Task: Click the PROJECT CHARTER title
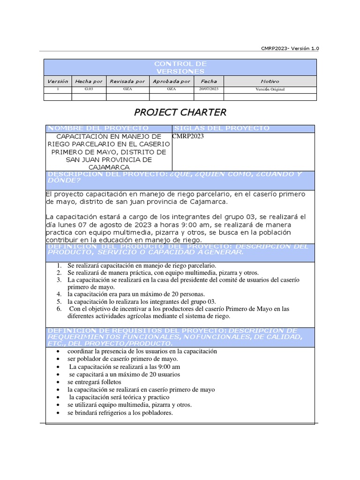coord(180,112)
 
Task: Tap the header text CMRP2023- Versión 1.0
coord(291,48)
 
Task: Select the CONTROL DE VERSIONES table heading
coord(180,67)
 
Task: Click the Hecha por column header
coord(89,81)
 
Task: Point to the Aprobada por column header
coord(171,81)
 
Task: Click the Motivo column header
coord(270,81)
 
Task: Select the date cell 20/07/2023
coord(209,89)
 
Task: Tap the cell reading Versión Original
coord(270,89)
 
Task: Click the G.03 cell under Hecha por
coord(89,89)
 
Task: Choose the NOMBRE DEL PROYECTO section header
coord(99,128)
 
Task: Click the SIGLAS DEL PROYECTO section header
coord(222,128)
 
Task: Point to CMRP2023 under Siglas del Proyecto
coord(188,136)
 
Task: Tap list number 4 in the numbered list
coord(59,294)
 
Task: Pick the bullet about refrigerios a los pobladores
coord(120,412)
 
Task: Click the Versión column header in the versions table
coord(58,81)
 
